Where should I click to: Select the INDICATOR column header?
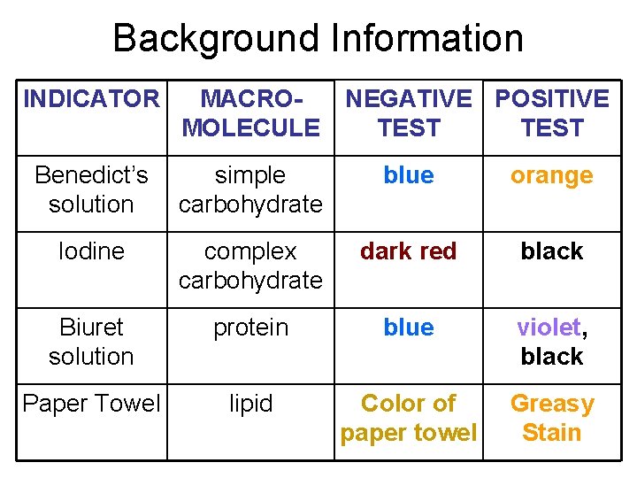91,99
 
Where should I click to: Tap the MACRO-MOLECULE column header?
250,113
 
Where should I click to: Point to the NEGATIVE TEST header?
408,113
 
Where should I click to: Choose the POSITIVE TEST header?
551,113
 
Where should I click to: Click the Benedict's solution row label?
91,189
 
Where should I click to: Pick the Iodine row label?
91,251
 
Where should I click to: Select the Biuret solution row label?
91,342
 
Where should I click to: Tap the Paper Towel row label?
91,404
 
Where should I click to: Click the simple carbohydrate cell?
250,189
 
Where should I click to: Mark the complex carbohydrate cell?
250,266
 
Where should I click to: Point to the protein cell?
250,328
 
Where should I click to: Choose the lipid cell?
250,404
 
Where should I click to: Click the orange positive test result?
551,176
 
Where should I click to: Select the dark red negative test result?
408,251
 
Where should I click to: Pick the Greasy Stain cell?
551,418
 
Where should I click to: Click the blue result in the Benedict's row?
408,175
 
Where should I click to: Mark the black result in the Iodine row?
551,251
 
